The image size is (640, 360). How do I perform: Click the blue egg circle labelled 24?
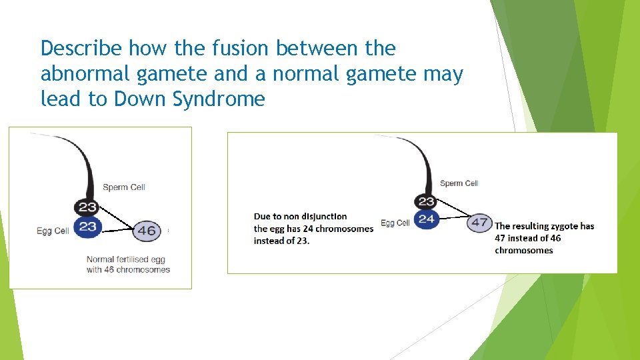click(x=427, y=219)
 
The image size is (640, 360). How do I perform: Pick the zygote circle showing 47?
click(x=480, y=223)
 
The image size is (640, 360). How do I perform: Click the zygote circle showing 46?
click(x=147, y=231)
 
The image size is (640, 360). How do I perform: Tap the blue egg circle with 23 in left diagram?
click(x=88, y=227)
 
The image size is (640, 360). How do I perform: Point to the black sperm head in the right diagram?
click(x=427, y=201)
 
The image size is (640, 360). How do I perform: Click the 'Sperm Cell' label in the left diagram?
click(x=124, y=187)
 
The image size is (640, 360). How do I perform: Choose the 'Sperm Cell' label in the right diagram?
click(x=459, y=183)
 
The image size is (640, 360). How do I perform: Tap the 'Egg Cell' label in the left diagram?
click(x=53, y=231)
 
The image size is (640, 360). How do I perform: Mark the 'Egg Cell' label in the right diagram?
click(x=395, y=223)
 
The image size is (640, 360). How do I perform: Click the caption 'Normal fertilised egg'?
click(x=126, y=259)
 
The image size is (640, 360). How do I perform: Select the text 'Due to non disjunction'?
click(x=300, y=217)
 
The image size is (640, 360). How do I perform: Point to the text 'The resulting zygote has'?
click(x=544, y=226)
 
